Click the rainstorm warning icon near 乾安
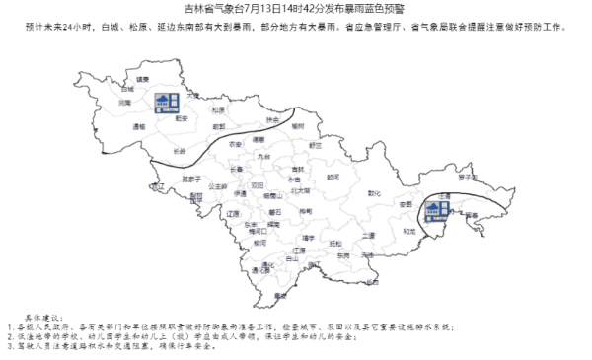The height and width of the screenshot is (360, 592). tap(165, 101)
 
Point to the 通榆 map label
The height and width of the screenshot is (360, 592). tap(126, 126)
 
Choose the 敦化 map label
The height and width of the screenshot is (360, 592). tap(373, 193)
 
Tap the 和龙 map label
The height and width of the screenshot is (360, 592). tap(408, 231)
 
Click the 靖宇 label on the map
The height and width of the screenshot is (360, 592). tap(308, 238)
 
